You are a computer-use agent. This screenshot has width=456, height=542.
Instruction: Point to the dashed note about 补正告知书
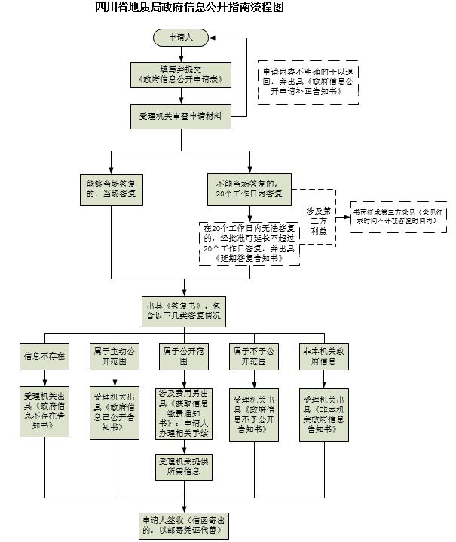307,82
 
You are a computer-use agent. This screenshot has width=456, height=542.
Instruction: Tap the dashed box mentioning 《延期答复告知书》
249,243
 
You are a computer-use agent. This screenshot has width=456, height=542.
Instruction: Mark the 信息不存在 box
44,355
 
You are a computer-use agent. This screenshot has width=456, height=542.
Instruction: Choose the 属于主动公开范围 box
114,355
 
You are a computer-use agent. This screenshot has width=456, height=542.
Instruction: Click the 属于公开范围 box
183,355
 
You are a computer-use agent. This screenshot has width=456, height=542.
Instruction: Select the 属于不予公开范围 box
252,355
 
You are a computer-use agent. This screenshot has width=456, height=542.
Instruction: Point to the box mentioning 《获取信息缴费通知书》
183,413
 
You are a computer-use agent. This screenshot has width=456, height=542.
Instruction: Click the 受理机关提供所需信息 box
183,466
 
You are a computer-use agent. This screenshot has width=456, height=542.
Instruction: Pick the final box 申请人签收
183,525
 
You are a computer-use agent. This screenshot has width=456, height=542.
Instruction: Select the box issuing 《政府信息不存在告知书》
44,413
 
